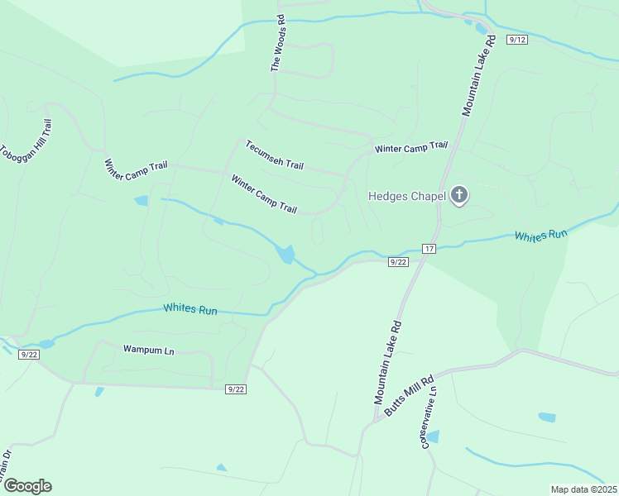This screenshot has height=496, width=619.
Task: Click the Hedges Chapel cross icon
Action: tap(458, 196)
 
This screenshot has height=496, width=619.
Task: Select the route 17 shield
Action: tap(429, 249)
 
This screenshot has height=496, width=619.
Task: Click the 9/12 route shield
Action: tap(517, 40)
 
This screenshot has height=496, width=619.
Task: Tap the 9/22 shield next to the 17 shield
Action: tap(398, 262)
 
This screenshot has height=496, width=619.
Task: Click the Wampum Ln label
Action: tap(149, 351)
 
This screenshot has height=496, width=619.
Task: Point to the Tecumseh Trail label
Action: tap(274, 155)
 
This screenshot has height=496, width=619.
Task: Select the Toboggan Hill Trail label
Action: tap(27, 142)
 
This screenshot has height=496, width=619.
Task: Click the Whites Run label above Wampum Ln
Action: tap(190, 309)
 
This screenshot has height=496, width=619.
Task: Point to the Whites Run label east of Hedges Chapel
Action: tap(541, 236)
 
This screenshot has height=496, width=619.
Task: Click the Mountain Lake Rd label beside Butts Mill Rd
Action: tap(386, 363)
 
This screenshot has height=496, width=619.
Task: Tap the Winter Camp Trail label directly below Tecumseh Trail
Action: tap(263, 194)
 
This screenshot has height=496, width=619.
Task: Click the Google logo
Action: tap(27, 486)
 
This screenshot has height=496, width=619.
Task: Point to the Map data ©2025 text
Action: tap(583, 489)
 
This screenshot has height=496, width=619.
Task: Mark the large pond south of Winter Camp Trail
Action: tap(286, 254)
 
